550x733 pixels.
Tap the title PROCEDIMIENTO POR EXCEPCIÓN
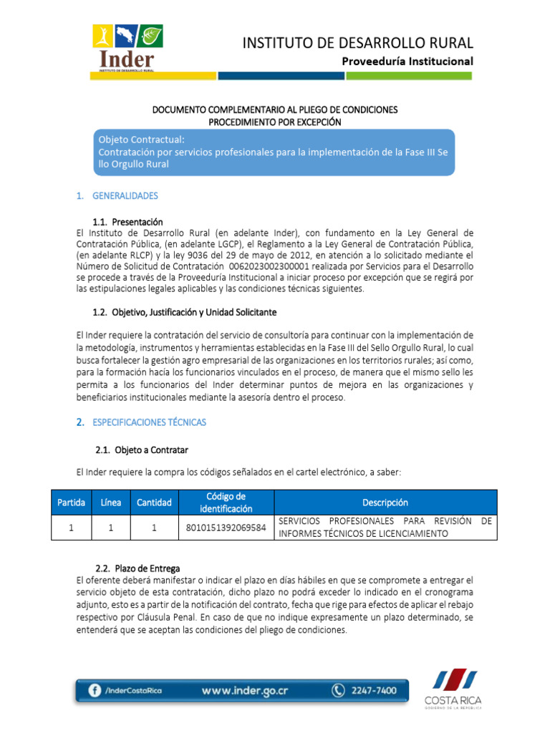click(274, 122)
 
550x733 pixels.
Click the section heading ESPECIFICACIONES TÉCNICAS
click(149, 422)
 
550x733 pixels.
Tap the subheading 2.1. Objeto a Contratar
click(141, 450)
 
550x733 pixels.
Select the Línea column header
click(111, 503)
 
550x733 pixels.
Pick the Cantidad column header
click(154, 503)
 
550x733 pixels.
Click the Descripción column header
click(385, 503)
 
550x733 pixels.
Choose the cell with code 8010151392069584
click(226, 528)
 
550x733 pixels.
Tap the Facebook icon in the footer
click(94, 691)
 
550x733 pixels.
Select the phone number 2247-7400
click(372, 691)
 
